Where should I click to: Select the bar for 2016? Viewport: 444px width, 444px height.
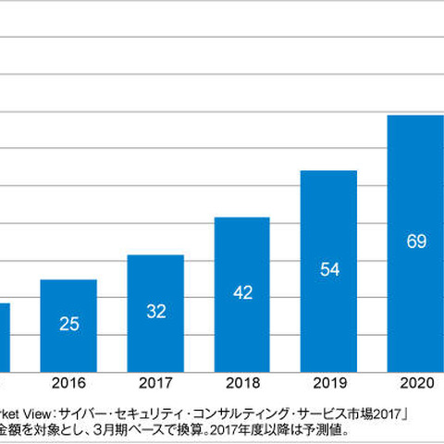pos(68,325)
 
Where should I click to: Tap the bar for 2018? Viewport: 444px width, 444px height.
pos(242,294)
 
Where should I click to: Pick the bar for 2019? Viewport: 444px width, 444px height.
pos(329,270)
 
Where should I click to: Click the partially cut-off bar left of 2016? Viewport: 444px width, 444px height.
pos(5,337)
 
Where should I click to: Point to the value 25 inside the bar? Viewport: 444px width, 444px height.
pos(68,325)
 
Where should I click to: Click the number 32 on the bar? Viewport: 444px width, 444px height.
pos(155,312)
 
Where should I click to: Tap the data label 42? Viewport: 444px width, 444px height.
pos(242,293)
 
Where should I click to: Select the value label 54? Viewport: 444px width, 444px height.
pos(329,269)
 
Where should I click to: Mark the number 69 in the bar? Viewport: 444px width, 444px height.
pos(416,241)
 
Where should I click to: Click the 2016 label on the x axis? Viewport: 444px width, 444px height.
pos(68,382)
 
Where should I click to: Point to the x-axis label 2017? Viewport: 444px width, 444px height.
pos(155,382)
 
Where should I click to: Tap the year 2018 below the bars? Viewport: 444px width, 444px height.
pos(242,382)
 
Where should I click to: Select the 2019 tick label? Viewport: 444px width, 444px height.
pos(329,382)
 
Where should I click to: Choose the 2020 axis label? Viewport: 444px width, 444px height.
pos(416,382)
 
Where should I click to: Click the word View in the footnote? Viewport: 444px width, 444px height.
pos(40,413)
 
